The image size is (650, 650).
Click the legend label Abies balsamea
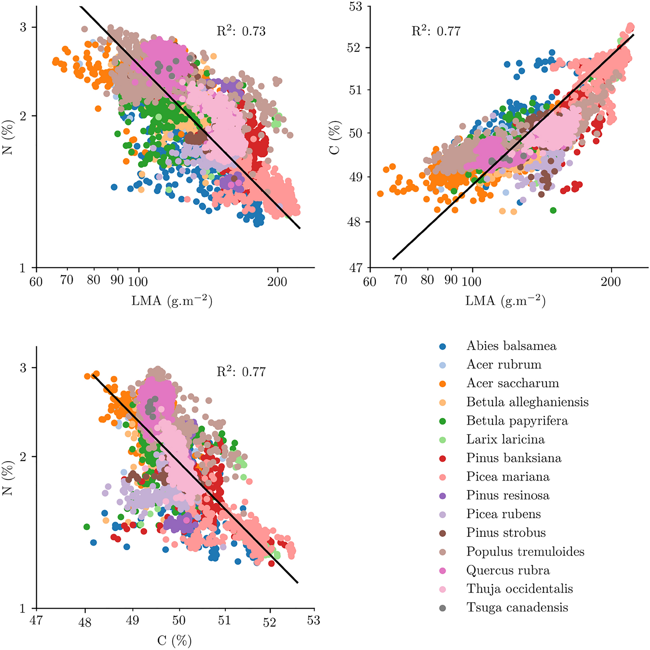pyautogui.click(x=511, y=346)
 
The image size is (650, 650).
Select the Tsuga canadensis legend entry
pyautogui.click(x=517, y=608)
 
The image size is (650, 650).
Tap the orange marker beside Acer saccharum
pyautogui.click(x=443, y=384)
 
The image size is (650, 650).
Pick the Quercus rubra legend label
pyautogui.click(x=508, y=570)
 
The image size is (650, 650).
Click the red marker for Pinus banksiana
pyautogui.click(x=443, y=458)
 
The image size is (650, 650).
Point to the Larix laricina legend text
pyautogui.click(x=505, y=440)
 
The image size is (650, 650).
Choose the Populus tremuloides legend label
pyautogui.click(x=525, y=552)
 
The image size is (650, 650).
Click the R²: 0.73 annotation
pyautogui.click(x=241, y=31)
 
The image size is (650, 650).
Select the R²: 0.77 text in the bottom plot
pyautogui.click(x=241, y=372)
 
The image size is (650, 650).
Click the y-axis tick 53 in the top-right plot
pyautogui.click(x=355, y=6)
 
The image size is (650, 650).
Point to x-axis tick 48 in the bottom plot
pyautogui.click(x=85, y=622)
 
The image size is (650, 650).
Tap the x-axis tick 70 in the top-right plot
pyautogui.click(x=400, y=280)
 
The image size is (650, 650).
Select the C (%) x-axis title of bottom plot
pyautogui.click(x=174, y=641)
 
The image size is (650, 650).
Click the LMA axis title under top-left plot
pyautogui.click(x=172, y=301)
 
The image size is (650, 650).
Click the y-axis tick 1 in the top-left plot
pyautogui.click(x=23, y=268)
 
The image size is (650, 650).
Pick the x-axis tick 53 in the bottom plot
pyautogui.click(x=313, y=621)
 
